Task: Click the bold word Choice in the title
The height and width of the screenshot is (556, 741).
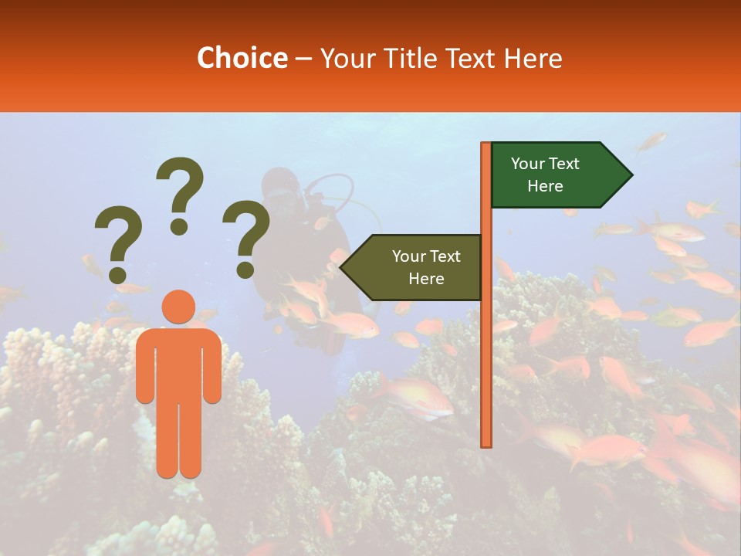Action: click(242, 58)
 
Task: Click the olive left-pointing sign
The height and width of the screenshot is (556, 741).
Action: click(417, 267)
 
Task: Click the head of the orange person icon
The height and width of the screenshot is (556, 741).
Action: click(178, 307)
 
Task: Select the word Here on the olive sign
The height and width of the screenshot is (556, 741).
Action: click(426, 279)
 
